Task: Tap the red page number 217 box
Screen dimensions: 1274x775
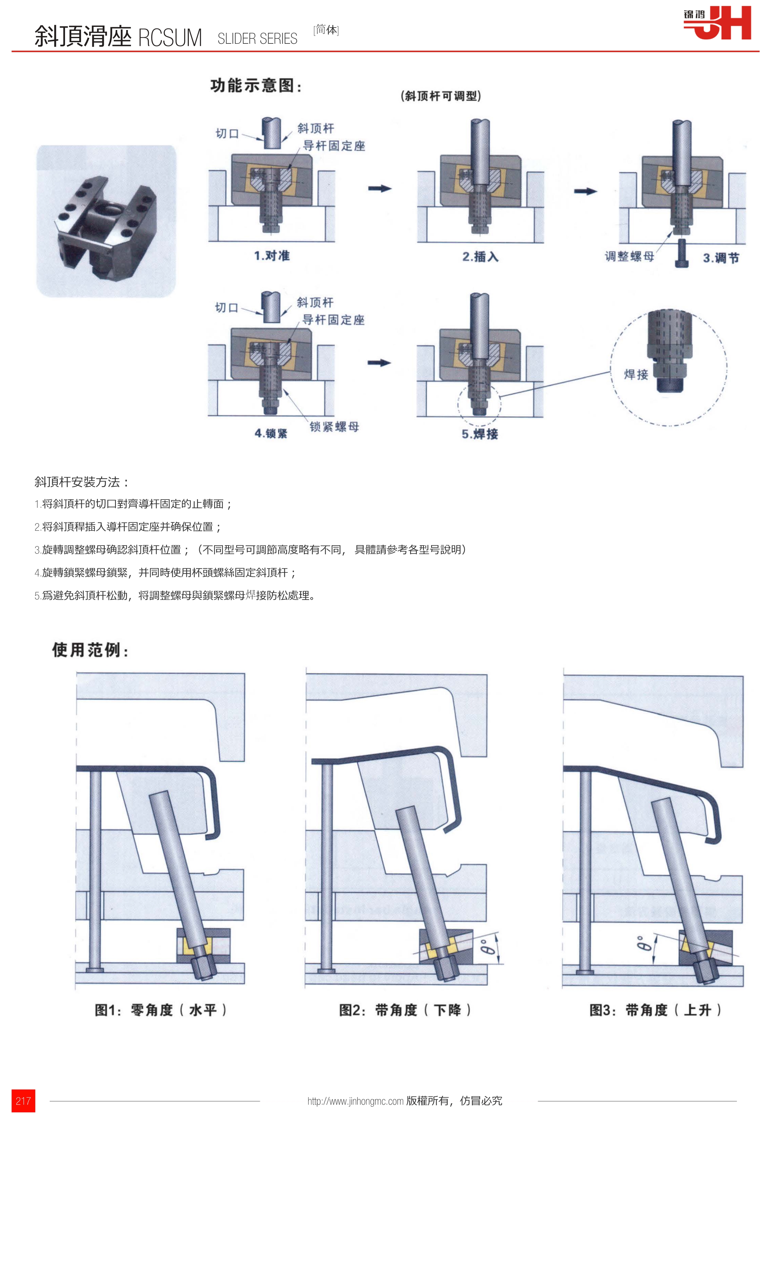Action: (x=23, y=1101)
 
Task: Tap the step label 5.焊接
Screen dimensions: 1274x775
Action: (x=480, y=434)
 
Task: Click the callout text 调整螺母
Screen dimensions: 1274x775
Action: (x=629, y=256)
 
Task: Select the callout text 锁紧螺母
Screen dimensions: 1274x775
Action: (x=334, y=426)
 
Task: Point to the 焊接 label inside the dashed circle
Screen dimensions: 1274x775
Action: (x=636, y=374)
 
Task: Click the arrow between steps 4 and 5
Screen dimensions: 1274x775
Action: (x=379, y=363)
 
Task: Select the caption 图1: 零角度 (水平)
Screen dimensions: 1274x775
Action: (x=161, y=1010)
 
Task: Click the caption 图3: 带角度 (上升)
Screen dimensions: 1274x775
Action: (x=656, y=1010)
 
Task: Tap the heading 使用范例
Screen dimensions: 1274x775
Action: (x=90, y=650)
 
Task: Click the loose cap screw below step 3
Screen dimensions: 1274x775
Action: (x=682, y=253)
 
